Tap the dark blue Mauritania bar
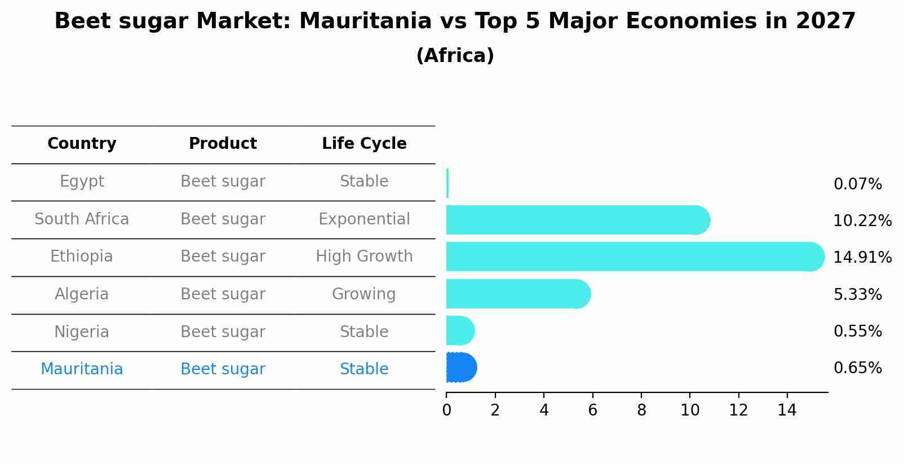click(461, 368)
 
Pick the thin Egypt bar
click(447, 183)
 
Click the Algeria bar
click(516, 294)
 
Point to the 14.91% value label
click(862, 258)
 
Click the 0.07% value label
click(857, 184)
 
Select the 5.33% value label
click(857, 294)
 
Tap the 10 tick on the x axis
click(690, 410)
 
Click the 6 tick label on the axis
click(592, 410)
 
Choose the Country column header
click(82, 144)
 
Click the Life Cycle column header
click(364, 144)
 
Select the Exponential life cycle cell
click(364, 219)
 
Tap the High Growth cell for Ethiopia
click(364, 257)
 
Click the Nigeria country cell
click(82, 332)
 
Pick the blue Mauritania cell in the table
click(82, 369)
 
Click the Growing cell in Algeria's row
click(364, 294)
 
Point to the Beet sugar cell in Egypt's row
click(223, 182)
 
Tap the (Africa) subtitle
click(455, 56)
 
